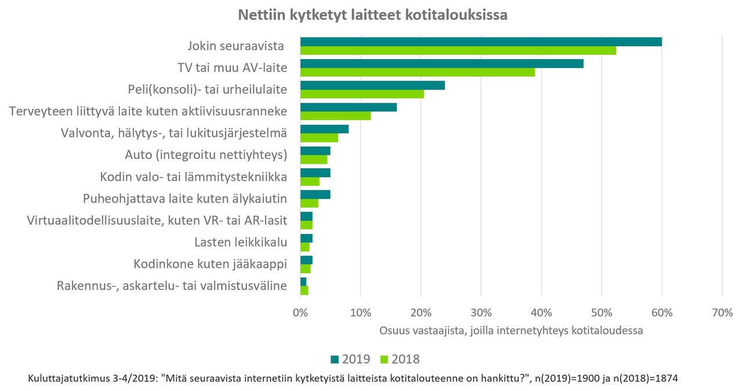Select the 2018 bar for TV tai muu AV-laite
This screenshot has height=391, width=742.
(x=417, y=72)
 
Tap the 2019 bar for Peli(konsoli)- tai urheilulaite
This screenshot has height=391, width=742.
(x=372, y=85)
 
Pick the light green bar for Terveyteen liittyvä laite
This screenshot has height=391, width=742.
(x=335, y=116)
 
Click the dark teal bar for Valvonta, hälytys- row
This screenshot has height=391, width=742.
(x=324, y=129)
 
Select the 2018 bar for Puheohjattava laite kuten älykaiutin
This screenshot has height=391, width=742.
(x=309, y=203)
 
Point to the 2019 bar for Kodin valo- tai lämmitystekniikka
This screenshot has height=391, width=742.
(x=315, y=173)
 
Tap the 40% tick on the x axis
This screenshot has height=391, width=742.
(x=541, y=313)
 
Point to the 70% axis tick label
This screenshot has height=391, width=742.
(x=722, y=313)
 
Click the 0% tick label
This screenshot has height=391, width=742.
(x=300, y=313)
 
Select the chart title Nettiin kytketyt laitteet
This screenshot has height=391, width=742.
(x=373, y=15)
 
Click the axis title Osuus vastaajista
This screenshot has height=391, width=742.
(x=511, y=330)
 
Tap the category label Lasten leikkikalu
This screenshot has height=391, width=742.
(x=241, y=242)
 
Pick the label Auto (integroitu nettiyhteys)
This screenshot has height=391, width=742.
(x=206, y=155)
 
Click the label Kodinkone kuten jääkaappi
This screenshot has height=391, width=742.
(x=210, y=264)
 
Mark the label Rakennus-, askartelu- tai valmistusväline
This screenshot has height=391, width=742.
(x=172, y=285)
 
